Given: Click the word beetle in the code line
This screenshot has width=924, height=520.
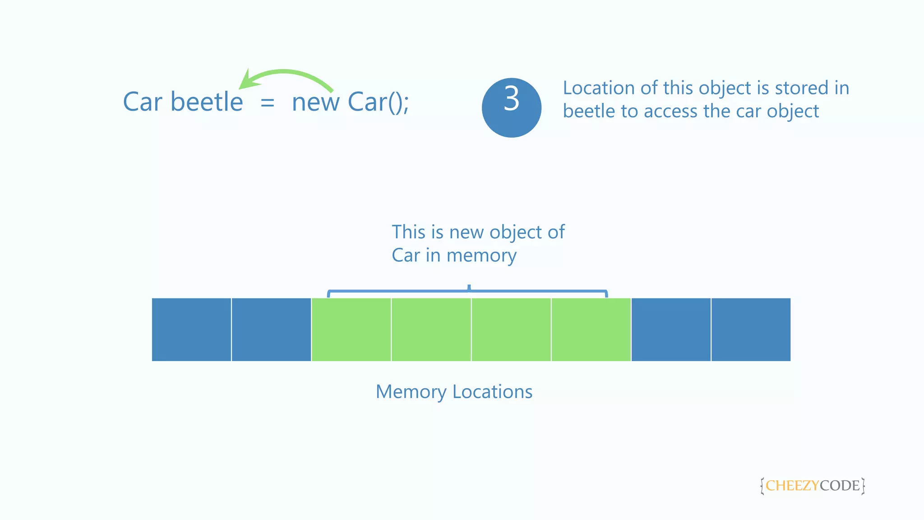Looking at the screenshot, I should (x=207, y=102).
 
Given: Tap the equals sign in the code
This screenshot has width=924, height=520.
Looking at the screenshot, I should (x=267, y=103).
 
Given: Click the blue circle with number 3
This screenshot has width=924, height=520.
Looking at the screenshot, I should (x=511, y=107).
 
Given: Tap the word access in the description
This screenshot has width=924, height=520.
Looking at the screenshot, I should (x=671, y=111).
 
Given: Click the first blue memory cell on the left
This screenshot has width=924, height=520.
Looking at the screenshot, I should (x=191, y=330).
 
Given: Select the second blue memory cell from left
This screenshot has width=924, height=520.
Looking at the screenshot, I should (x=271, y=330).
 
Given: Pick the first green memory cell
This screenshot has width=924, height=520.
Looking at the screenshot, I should (x=351, y=330).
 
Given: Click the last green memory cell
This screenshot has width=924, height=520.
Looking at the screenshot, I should (x=591, y=330).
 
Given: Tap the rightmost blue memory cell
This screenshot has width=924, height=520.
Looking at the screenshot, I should (x=751, y=330).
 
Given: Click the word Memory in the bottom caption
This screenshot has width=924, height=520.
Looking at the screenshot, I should (x=411, y=392).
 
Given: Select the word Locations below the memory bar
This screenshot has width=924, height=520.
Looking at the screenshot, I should (x=492, y=392).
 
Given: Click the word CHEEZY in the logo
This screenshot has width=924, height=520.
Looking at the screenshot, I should (x=792, y=486).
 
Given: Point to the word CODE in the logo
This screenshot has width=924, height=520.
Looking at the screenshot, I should (x=840, y=486).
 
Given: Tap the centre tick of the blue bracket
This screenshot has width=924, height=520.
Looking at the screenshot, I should (x=469, y=288).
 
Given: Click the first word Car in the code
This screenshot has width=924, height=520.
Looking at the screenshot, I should (x=143, y=102).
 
